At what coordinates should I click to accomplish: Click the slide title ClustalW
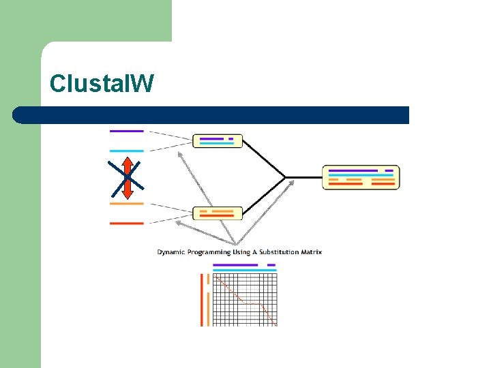click(x=102, y=84)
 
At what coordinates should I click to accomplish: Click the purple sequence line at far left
click(x=127, y=130)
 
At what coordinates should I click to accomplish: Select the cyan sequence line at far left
click(x=127, y=151)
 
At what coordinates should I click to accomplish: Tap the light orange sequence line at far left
click(x=127, y=203)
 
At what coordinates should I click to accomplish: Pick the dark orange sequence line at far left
click(x=127, y=223)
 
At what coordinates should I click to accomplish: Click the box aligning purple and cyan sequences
click(x=218, y=141)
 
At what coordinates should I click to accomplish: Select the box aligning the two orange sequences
click(x=218, y=213)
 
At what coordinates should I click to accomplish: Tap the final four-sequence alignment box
click(x=361, y=177)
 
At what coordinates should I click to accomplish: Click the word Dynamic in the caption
click(x=171, y=252)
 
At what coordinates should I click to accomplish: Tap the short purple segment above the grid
click(x=271, y=264)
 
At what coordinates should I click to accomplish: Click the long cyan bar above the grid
click(x=245, y=271)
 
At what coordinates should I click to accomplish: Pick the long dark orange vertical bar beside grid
click(x=202, y=300)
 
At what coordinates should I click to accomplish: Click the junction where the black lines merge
click(x=286, y=177)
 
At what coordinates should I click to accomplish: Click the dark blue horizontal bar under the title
click(x=211, y=115)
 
